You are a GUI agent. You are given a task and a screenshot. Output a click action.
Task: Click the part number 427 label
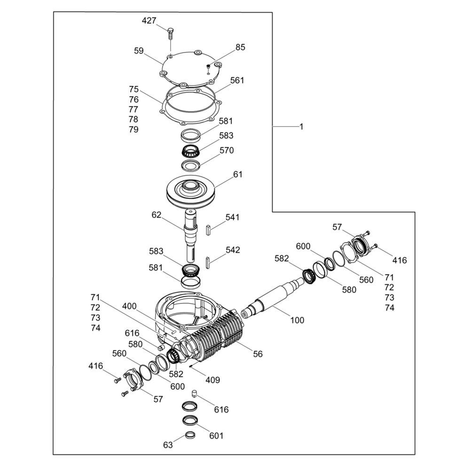pyautogui.click(x=149, y=21)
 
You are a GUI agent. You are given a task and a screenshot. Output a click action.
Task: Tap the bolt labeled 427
pyautogui.click(x=171, y=34)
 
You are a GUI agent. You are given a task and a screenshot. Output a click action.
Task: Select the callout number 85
pyautogui.click(x=240, y=47)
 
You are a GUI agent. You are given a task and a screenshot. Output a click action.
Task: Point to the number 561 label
pyautogui.click(x=237, y=81)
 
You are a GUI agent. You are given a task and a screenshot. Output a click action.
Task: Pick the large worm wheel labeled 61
pyautogui.click(x=190, y=192)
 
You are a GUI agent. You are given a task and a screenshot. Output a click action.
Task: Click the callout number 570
pyautogui.click(x=227, y=150)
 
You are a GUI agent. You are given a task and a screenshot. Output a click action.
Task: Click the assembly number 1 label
pyautogui.click(x=302, y=127)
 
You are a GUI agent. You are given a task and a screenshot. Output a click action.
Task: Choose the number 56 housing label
pyautogui.click(x=258, y=354)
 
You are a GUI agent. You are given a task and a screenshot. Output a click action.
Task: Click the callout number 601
pyautogui.click(x=216, y=436)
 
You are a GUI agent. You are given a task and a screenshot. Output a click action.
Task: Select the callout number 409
pyautogui.click(x=212, y=380)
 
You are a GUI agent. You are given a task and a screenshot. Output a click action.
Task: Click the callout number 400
pyautogui.click(x=129, y=306)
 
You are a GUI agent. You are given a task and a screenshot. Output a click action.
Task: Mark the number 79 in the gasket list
pyautogui.click(x=133, y=130)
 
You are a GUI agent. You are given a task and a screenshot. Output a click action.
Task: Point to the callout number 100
pyautogui.click(x=297, y=320)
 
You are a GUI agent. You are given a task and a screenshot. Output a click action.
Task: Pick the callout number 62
pyautogui.click(x=157, y=215)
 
